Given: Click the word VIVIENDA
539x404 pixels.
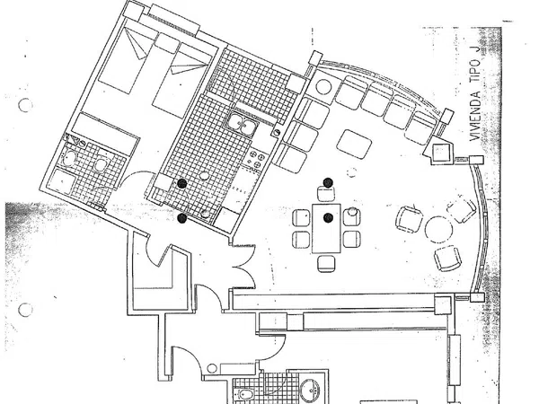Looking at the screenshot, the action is (x=476, y=116).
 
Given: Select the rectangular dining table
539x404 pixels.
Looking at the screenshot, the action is (x=326, y=228).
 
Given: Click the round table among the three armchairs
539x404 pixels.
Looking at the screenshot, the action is (x=438, y=229).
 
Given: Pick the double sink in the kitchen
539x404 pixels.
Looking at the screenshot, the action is (x=242, y=124).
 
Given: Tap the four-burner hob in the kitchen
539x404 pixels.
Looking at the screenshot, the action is (x=255, y=160).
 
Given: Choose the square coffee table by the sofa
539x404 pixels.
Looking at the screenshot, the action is (x=354, y=144).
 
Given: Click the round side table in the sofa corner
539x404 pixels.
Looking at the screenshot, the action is (x=323, y=86).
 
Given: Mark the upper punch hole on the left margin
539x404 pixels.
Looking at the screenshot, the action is (x=25, y=105).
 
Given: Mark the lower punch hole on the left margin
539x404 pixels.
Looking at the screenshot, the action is (x=25, y=310).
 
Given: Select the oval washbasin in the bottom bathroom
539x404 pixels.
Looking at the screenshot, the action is (x=311, y=390).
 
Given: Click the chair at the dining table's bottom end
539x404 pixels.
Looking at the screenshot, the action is (x=326, y=264).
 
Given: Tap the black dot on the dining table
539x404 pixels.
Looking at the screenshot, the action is (x=328, y=217).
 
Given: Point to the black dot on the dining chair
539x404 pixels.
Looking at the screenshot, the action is (x=328, y=183).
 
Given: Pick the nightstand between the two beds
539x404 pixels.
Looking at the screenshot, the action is (x=167, y=42).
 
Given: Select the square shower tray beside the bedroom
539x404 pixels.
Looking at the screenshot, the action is (x=61, y=180).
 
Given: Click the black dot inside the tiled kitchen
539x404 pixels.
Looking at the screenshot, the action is (x=182, y=183).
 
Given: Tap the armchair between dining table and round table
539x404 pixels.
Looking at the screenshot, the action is (x=409, y=219).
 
